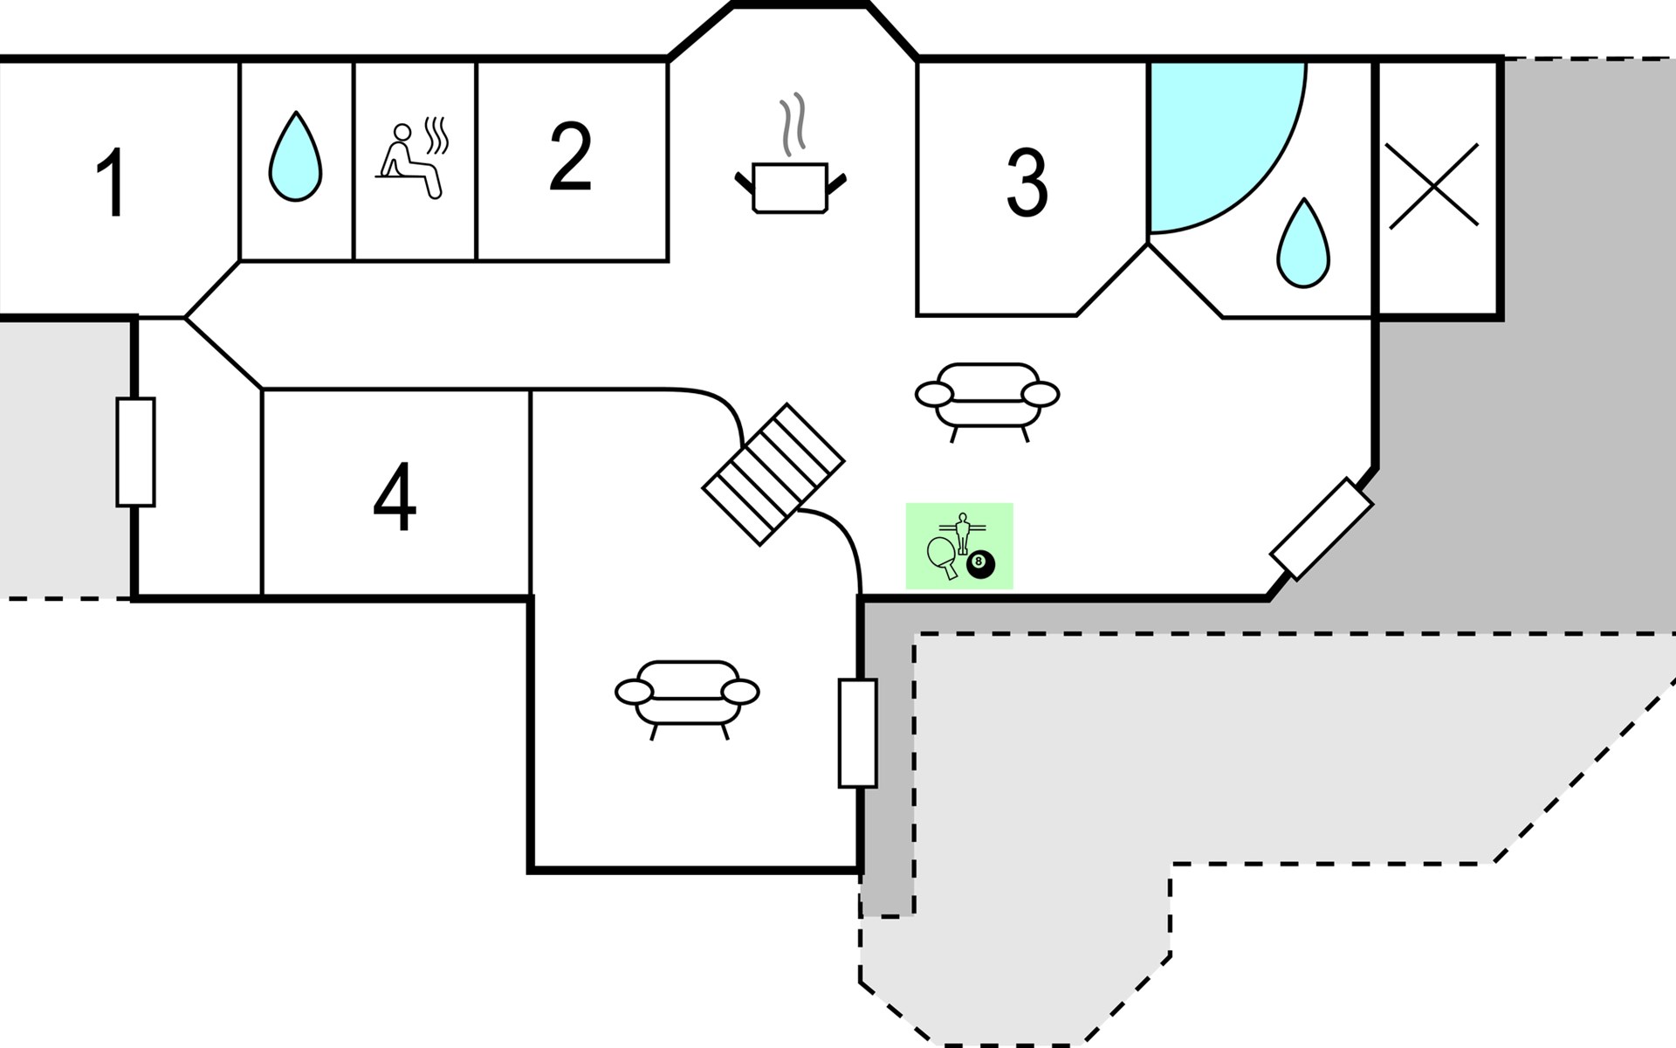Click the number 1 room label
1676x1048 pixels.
point(112,183)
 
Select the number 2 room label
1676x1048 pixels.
point(571,157)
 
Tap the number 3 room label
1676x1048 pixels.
point(1027,184)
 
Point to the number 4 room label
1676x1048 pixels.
point(395,497)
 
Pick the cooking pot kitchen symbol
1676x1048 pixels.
point(790,186)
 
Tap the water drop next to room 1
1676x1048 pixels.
point(295,158)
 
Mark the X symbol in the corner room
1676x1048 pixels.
point(1433,186)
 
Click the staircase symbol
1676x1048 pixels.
point(774,474)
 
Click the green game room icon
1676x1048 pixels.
point(959,546)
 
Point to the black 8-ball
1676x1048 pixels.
point(979,564)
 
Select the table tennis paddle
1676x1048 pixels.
point(942,555)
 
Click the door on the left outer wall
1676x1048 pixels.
point(135,452)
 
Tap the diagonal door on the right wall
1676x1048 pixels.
point(1322,528)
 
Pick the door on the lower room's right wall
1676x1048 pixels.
point(857,733)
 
